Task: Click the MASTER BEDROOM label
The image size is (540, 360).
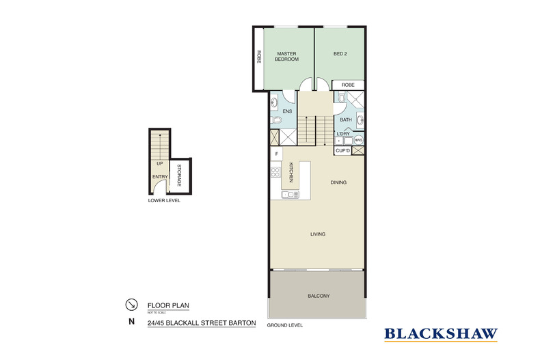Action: click(x=287, y=56)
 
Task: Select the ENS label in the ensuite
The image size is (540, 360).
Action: click(x=287, y=111)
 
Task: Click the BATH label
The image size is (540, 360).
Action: click(x=345, y=120)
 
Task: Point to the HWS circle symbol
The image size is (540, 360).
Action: click(x=357, y=140)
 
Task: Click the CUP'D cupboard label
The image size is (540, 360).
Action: click(x=342, y=150)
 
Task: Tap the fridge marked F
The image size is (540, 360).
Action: click(x=277, y=154)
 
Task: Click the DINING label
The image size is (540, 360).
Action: click(x=338, y=182)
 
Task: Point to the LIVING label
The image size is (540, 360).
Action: click(x=317, y=234)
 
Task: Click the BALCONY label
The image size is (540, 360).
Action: click(x=319, y=295)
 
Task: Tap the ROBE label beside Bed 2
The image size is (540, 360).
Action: click(x=348, y=85)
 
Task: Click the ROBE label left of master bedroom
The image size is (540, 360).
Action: click(x=259, y=57)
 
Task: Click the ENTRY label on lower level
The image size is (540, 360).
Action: click(x=159, y=177)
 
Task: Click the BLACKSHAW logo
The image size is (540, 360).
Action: click(x=441, y=334)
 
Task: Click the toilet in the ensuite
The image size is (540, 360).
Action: click(x=275, y=120)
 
